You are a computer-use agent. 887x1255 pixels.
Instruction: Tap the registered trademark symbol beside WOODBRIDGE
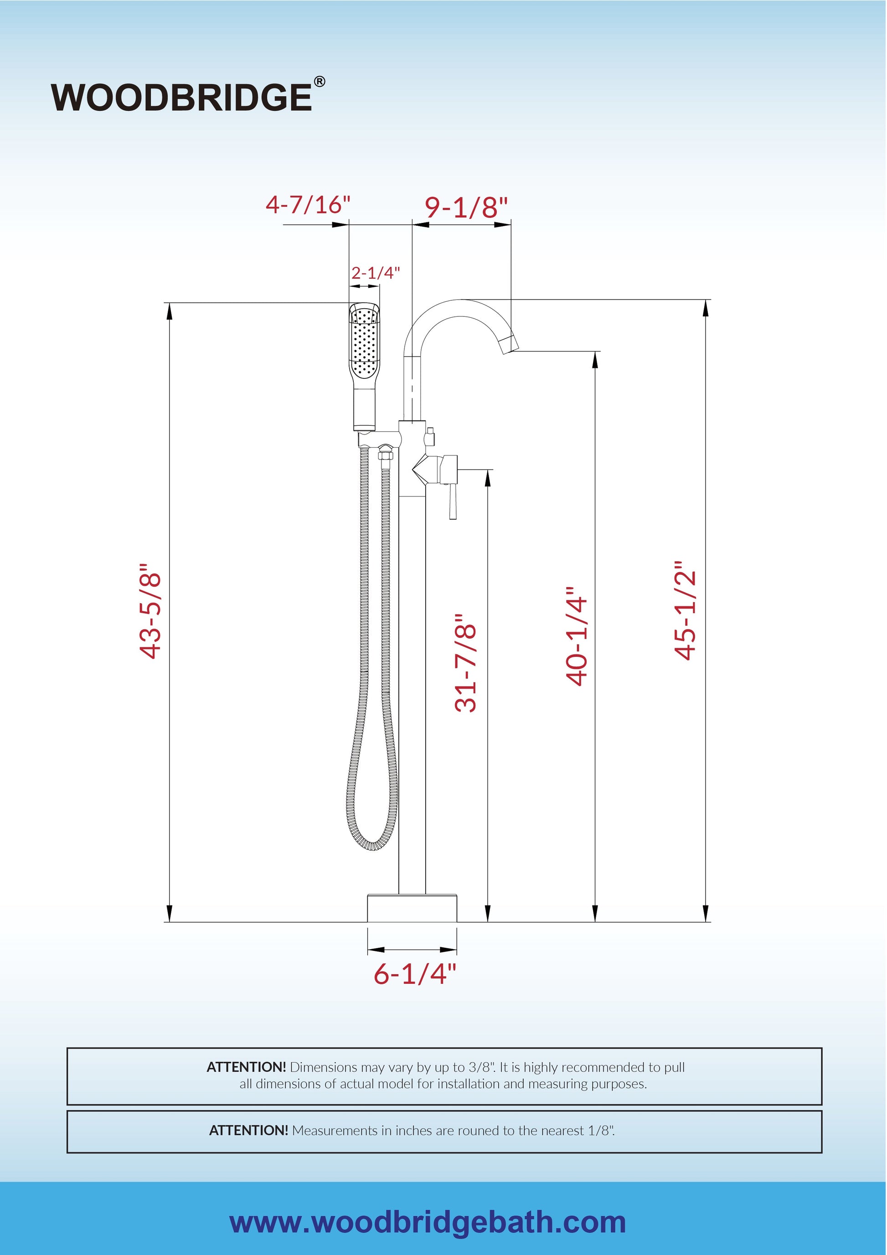pyautogui.click(x=319, y=82)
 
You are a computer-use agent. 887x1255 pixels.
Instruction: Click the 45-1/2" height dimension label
pyautogui.click(x=686, y=610)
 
